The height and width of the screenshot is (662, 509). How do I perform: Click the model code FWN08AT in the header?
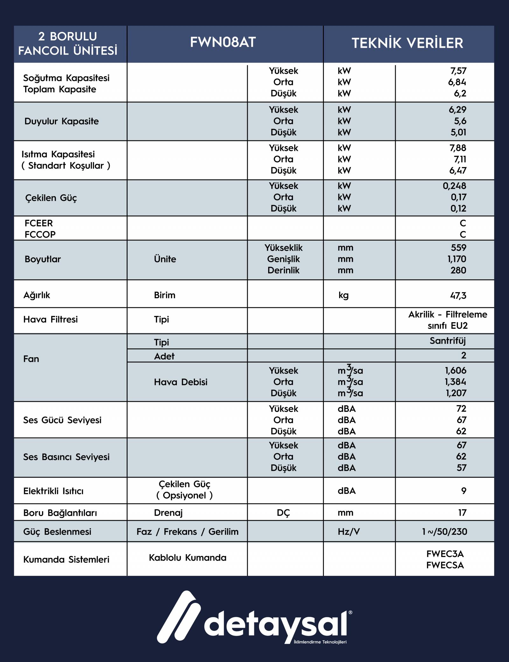point(223,42)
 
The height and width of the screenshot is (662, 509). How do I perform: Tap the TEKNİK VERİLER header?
point(407,43)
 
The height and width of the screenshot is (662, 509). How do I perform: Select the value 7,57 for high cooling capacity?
point(458,71)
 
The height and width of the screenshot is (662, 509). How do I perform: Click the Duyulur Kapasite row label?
point(61,121)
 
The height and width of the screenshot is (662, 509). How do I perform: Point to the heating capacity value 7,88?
point(458,148)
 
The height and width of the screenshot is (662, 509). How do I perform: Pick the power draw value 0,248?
point(454,186)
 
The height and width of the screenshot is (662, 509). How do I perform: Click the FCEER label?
point(38,223)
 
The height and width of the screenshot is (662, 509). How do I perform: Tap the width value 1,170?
point(457,259)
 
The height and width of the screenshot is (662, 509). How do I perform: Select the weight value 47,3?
point(458,296)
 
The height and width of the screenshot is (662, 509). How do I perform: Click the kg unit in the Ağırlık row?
point(344,296)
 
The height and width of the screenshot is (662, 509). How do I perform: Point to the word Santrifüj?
point(448,341)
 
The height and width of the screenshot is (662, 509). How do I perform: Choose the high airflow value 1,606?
point(456,371)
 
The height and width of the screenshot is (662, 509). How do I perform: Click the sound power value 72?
point(461,408)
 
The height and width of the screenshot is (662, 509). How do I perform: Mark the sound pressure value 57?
point(461,468)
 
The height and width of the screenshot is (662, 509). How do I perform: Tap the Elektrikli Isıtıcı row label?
point(53,491)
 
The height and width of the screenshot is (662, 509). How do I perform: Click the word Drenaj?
point(168,512)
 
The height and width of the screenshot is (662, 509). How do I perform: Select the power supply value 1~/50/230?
point(444,532)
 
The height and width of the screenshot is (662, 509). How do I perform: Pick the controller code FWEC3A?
point(445,554)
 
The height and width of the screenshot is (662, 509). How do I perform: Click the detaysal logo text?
point(275,626)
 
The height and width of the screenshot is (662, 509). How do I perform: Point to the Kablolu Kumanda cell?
point(187,558)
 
